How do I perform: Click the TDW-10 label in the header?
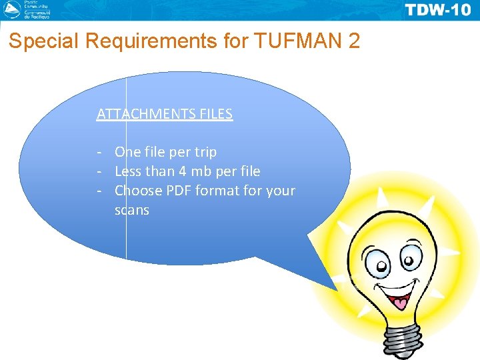(437, 9)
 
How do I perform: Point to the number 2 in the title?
(353, 42)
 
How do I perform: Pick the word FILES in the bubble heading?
(216, 114)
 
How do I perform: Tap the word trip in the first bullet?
(203, 152)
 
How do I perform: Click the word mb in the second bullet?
(202, 171)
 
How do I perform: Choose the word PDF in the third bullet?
(179, 191)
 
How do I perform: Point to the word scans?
(132, 210)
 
